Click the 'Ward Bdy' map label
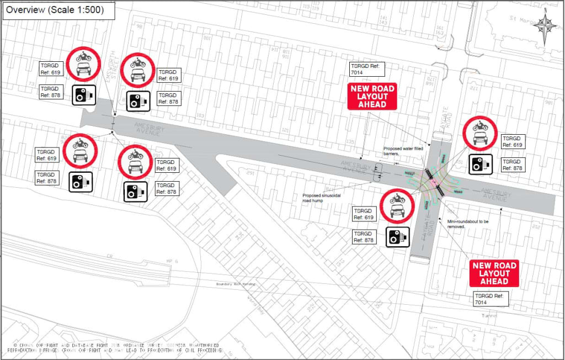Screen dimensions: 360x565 click(254, 303)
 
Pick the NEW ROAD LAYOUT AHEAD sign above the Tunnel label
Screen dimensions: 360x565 click(494, 273)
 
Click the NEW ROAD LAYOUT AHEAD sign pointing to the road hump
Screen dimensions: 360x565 click(371, 97)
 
